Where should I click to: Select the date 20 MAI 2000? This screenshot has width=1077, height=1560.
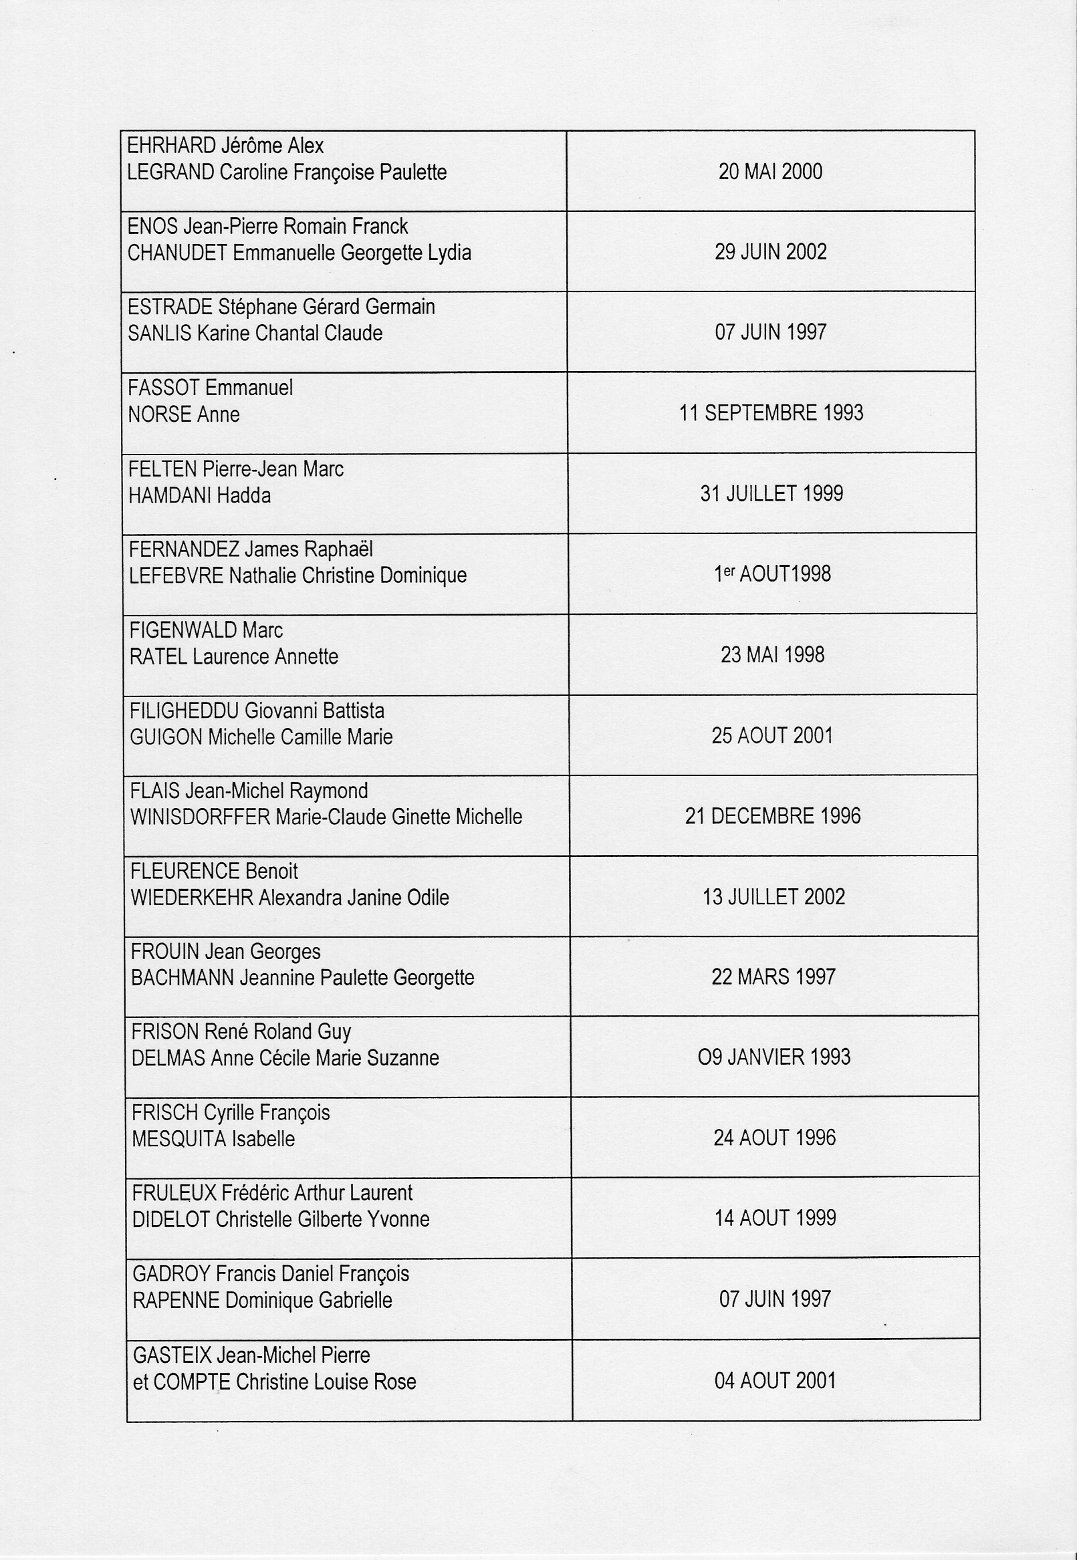[x=770, y=171]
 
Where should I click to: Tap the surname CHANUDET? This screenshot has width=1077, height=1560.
[x=176, y=253]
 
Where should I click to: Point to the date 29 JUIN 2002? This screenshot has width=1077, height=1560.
[x=770, y=252]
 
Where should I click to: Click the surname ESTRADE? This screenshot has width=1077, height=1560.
[x=170, y=307]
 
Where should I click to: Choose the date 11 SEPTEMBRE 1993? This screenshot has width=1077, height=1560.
[x=771, y=412]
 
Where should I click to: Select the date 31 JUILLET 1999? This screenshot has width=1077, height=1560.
[x=771, y=493]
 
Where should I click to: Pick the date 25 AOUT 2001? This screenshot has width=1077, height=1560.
[x=772, y=735]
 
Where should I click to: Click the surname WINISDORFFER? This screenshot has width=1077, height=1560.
[x=201, y=817]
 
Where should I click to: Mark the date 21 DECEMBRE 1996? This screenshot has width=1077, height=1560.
[x=773, y=816]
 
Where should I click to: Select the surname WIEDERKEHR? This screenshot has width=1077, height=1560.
[x=192, y=898]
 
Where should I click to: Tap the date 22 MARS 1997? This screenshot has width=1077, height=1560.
[x=773, y=977]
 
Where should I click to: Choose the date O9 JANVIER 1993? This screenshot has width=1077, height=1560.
[x=774, y=1057]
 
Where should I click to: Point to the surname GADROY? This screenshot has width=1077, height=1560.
[x=171, y=1274]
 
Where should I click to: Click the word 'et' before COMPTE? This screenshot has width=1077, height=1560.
[x=140, y=1382]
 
